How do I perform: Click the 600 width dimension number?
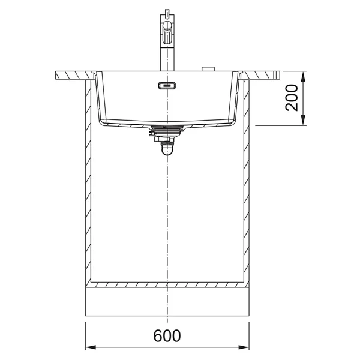(x=167, y=336)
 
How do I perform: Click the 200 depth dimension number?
(x=291, y=98)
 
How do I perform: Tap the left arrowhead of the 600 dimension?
(x=91, y=347)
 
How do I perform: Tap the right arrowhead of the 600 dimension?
(x=244, y=347)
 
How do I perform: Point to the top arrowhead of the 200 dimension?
(x=303, y=76)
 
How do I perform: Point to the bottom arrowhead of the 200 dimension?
(x=303, y=121)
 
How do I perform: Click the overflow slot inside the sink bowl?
(x=167, y=86)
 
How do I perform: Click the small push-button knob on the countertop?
(x=208, y=69)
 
